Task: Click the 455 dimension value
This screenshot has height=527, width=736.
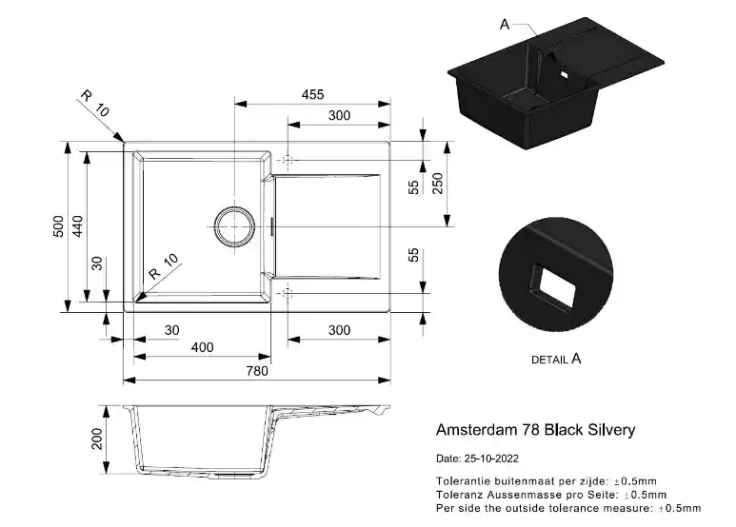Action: pyautogui.click(x=312, y=94)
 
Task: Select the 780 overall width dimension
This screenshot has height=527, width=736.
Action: pyautogui.click(x=257, y=371)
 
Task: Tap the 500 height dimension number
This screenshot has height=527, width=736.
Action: pyautogui.click(x=58, y=225)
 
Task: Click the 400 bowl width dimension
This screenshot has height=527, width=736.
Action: pyautogui.click(x=202, y=348)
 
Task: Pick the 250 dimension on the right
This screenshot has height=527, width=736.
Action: pyautogui.click(x=439, y=183)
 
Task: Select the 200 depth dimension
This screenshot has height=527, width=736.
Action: pyautogui.click(x=96, y=439)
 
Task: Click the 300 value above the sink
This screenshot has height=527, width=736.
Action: pyautogui.click(x=339, y=116)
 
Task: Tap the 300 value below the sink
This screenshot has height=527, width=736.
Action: pyautogui.click(x=339, y=330)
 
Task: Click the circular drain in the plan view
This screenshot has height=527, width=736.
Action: pyautogui.click(x=233, y=226)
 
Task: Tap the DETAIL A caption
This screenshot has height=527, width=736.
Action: pyautogui.click(x=556, y=360)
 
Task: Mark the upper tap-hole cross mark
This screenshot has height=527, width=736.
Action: pyautogui.click(x=288, y=160)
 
